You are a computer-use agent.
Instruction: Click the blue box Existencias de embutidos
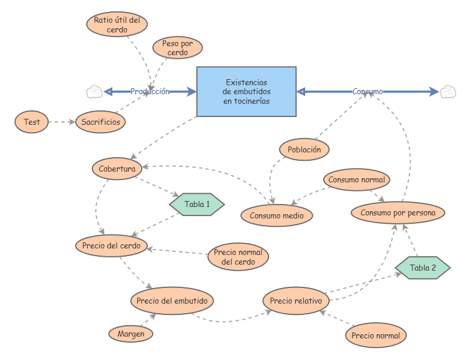pyautogui.click(x=246, y=91)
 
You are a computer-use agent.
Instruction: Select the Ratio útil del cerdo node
pyautogui.click(x=117, y=25)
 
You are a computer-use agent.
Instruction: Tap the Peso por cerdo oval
pyautogui.click(x=177, y=48)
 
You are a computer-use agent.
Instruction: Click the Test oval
pyautogui.click(x=32, y=122)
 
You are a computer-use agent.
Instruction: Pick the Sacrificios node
pyautogui.click(x=101, y=122)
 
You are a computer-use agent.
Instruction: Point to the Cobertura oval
pyautogui.click(x=117, y=169)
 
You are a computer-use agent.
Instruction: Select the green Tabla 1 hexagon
pyautogui.click(x=197, y=204)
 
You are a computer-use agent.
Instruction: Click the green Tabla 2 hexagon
pyautogui.click(x=423, y=268)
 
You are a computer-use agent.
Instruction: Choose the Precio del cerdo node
pyautogui.click(x=112, y=245)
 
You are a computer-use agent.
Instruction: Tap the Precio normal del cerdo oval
pyautogui.click(x=238, y=257)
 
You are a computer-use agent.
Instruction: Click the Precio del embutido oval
pyautogui.click(x=172, y=301)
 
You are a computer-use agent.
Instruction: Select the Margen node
pyautogui.click(x=131, y=334)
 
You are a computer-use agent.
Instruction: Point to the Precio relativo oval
pyautogui.click(x=296, y=301)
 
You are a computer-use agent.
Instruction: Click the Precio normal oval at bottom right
pyautogui.click(x=376, y=335)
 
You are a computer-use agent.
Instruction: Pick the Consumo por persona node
pyautogui.click(x=398, y=212)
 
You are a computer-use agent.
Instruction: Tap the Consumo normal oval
pyautogui.click(x=357, y=179)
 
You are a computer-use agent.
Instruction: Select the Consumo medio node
pyautogui.click(x=277, y=215)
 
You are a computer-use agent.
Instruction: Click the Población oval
pyautogui.click(x=304, y=149)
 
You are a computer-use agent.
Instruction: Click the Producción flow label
pyautogui.click(x=150, y=91)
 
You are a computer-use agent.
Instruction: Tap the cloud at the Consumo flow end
pyautogui.click(x=447, y=91)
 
